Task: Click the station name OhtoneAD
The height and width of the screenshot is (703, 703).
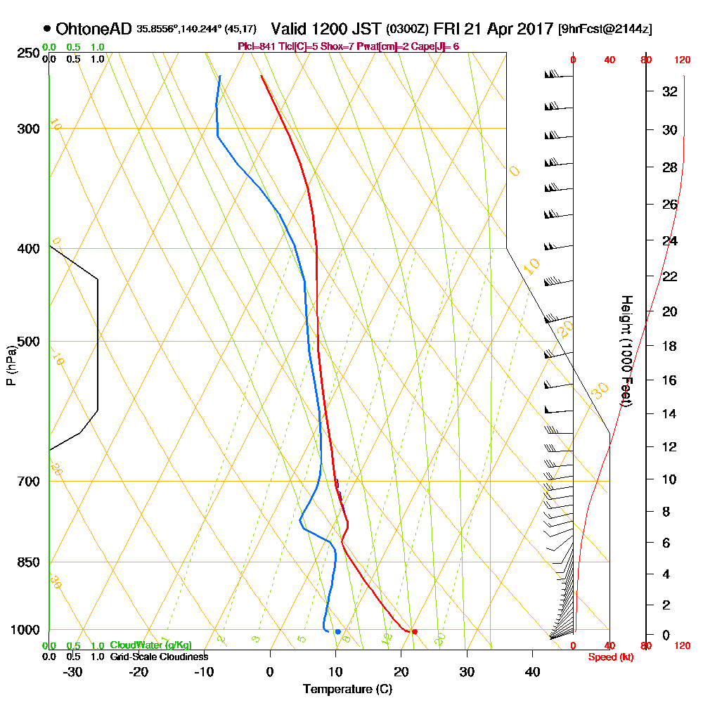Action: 93,29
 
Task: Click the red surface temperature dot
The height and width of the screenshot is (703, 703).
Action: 415,632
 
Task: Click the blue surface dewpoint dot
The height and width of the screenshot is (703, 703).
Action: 338,632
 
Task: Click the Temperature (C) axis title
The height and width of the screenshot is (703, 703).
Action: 347,689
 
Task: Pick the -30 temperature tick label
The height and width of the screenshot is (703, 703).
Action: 72,671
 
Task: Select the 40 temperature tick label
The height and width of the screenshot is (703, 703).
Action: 532,671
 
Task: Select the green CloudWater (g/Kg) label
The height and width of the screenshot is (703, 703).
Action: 150,645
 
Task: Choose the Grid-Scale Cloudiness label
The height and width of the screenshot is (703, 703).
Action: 159,657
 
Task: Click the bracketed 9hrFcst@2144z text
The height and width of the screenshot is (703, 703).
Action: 605,30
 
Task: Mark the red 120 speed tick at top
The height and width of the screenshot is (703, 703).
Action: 682,60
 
